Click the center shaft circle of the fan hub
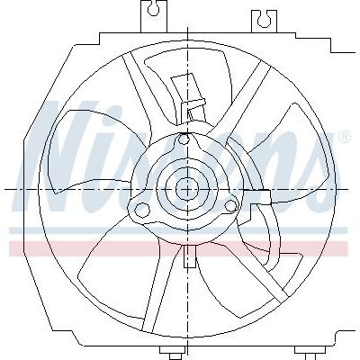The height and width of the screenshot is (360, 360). [187, 189]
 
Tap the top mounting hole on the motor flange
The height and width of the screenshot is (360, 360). [184, 139]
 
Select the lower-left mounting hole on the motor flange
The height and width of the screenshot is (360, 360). [142, 209]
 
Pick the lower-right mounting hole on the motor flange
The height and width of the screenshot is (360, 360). [231, 206]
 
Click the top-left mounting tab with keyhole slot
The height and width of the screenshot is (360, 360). [154, 15]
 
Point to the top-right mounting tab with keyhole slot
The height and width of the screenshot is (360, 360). [264, 21]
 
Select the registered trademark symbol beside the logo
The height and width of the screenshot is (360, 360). [345, 136]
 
